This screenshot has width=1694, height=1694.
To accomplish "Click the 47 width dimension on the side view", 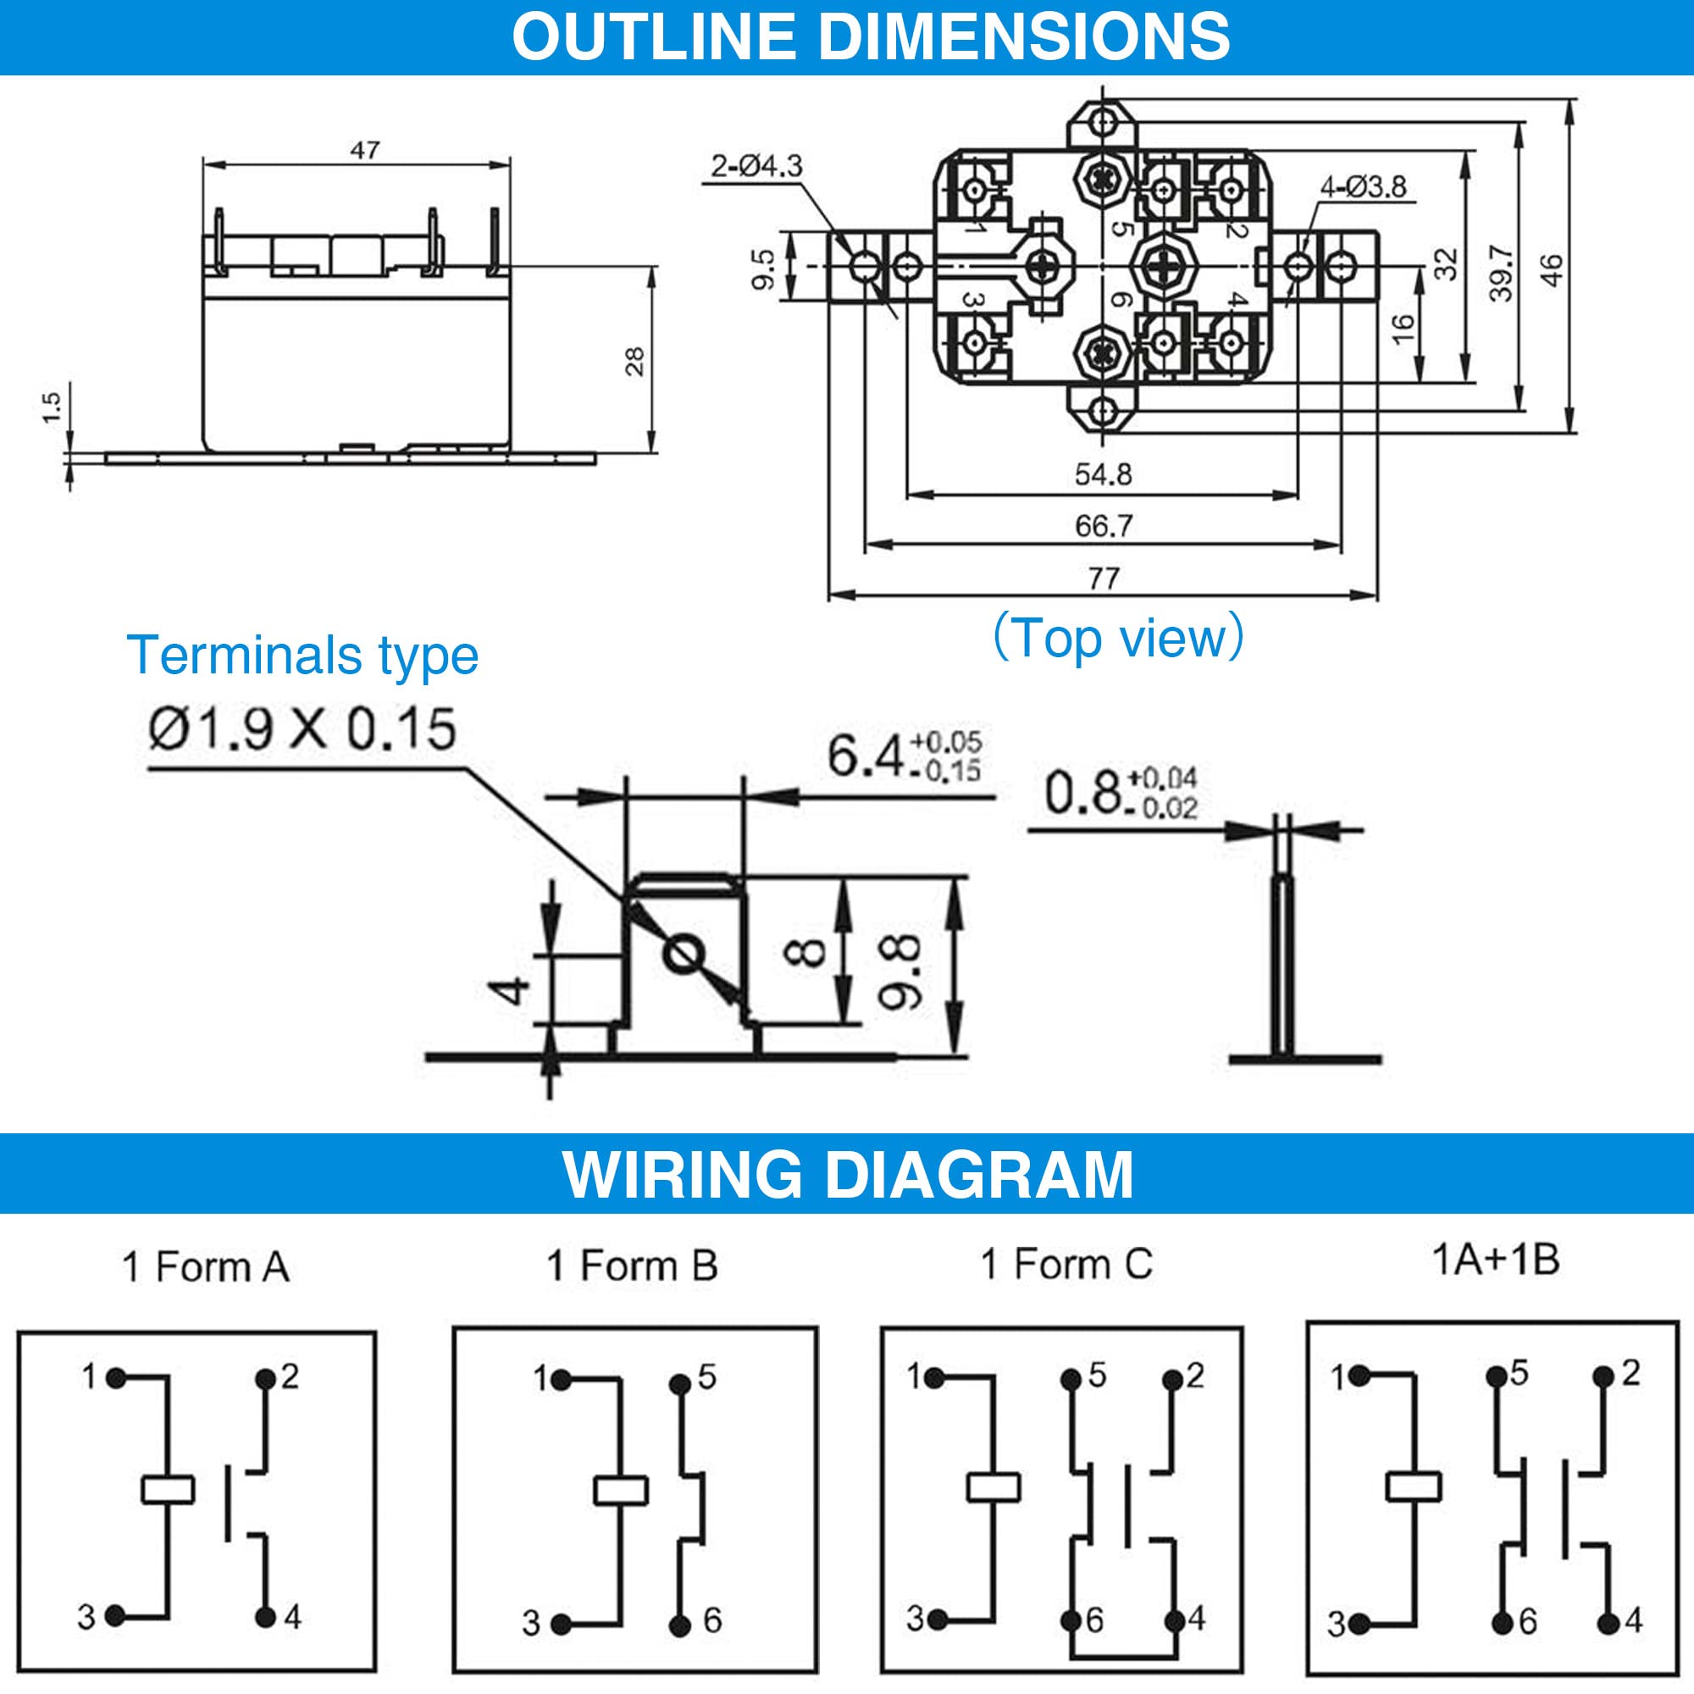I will pyautogui.click(x=365, y=150).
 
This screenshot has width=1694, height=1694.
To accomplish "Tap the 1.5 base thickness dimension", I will pyautogui.click(x=52, y=407).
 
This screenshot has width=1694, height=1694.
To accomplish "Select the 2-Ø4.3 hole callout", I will pyautogui.click(x=756, y=165).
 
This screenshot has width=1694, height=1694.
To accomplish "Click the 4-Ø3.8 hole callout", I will pyautogui.click(x=1363, y=185).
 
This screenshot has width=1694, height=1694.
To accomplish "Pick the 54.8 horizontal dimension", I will pyautogui.click(x=1102, y=474).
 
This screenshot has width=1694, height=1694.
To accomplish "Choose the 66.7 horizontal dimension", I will pyautogui.click(x=1103, y=526).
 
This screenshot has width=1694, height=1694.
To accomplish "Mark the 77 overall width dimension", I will pyautogui.click(x=1103, y=579).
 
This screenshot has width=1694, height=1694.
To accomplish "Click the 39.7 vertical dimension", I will pyautogui.click(x=1500, y=273).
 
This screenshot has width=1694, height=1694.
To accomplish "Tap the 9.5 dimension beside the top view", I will pyautogui.click(x=764, y=268).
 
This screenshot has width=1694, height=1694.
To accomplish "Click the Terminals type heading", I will pyautogui.click(x=302, y=655).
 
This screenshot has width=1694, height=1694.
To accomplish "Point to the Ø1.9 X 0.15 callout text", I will pyautogui.click(x=302, y=728).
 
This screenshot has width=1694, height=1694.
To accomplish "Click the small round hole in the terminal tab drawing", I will pyautogui.click(x=682, y=955).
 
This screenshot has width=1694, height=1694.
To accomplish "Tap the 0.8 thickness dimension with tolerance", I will pyautogui.click(x=1120, y=793).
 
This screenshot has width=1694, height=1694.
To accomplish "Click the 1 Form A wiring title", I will pyautogui.click(x=206, y=1267).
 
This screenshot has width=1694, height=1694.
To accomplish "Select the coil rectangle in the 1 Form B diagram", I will pyautogui.click(x=621, y=1490).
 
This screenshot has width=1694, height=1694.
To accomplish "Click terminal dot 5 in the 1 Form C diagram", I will pyautogui.click(x=1071, y=1379).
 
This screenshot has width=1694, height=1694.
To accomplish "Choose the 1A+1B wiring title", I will pyautogui.click(x=1496, y=1260).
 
